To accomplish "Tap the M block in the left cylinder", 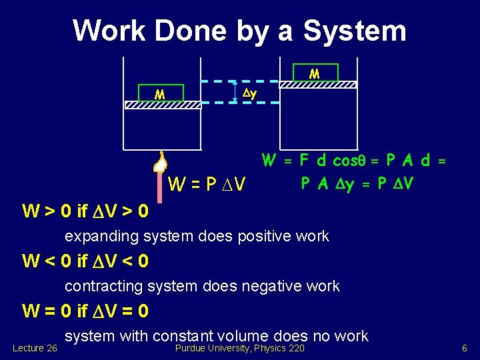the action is [x=160, y=93].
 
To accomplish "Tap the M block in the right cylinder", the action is [x=315, y=72].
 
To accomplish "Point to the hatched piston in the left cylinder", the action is [x=163, y=105].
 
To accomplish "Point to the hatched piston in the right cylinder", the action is [x=317, y=85].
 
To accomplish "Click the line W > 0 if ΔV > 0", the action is [x=85, y=212].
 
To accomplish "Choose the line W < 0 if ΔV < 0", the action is [x=85, y=262].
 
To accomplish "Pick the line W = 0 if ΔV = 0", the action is [x=85, y=311].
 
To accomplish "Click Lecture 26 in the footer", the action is [x=35, y=348].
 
